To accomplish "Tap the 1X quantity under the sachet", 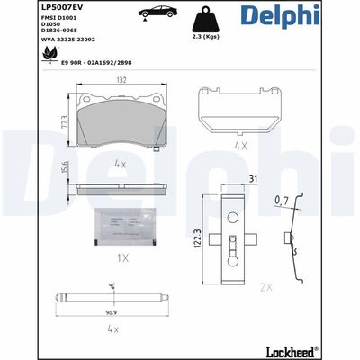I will pos(121,257).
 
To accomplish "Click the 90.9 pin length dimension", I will pos(111,313).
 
